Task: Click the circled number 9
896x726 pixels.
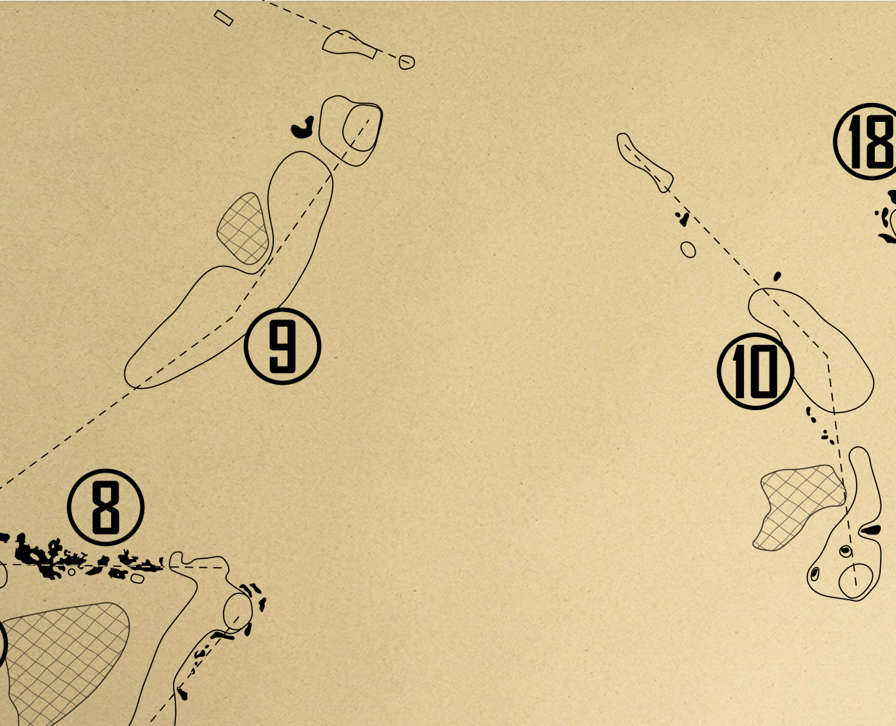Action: click(282, 346)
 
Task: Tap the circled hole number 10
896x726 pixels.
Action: click(756, 372)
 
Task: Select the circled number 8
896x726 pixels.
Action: click(105, 507)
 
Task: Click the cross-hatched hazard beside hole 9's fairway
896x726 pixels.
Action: click(244, 229)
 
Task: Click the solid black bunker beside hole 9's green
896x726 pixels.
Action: click(303, 128)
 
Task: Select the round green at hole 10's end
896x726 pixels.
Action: click(855, 581)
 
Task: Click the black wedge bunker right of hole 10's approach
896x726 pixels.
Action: click(871, 530)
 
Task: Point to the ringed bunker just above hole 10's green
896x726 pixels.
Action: click(846, 551)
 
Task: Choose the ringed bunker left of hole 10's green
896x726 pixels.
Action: click(815, 574)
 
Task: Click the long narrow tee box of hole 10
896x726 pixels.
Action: click(644, 162)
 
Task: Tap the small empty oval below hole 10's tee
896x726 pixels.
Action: click(687, 250)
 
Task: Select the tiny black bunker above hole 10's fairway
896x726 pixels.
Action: click(777, 277)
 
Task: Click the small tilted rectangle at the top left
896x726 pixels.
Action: click(223, 18)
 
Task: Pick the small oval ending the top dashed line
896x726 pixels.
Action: click(406, 62)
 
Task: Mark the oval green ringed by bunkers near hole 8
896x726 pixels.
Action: click(238, 611)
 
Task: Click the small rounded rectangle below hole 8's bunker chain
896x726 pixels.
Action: click(137, 579)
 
